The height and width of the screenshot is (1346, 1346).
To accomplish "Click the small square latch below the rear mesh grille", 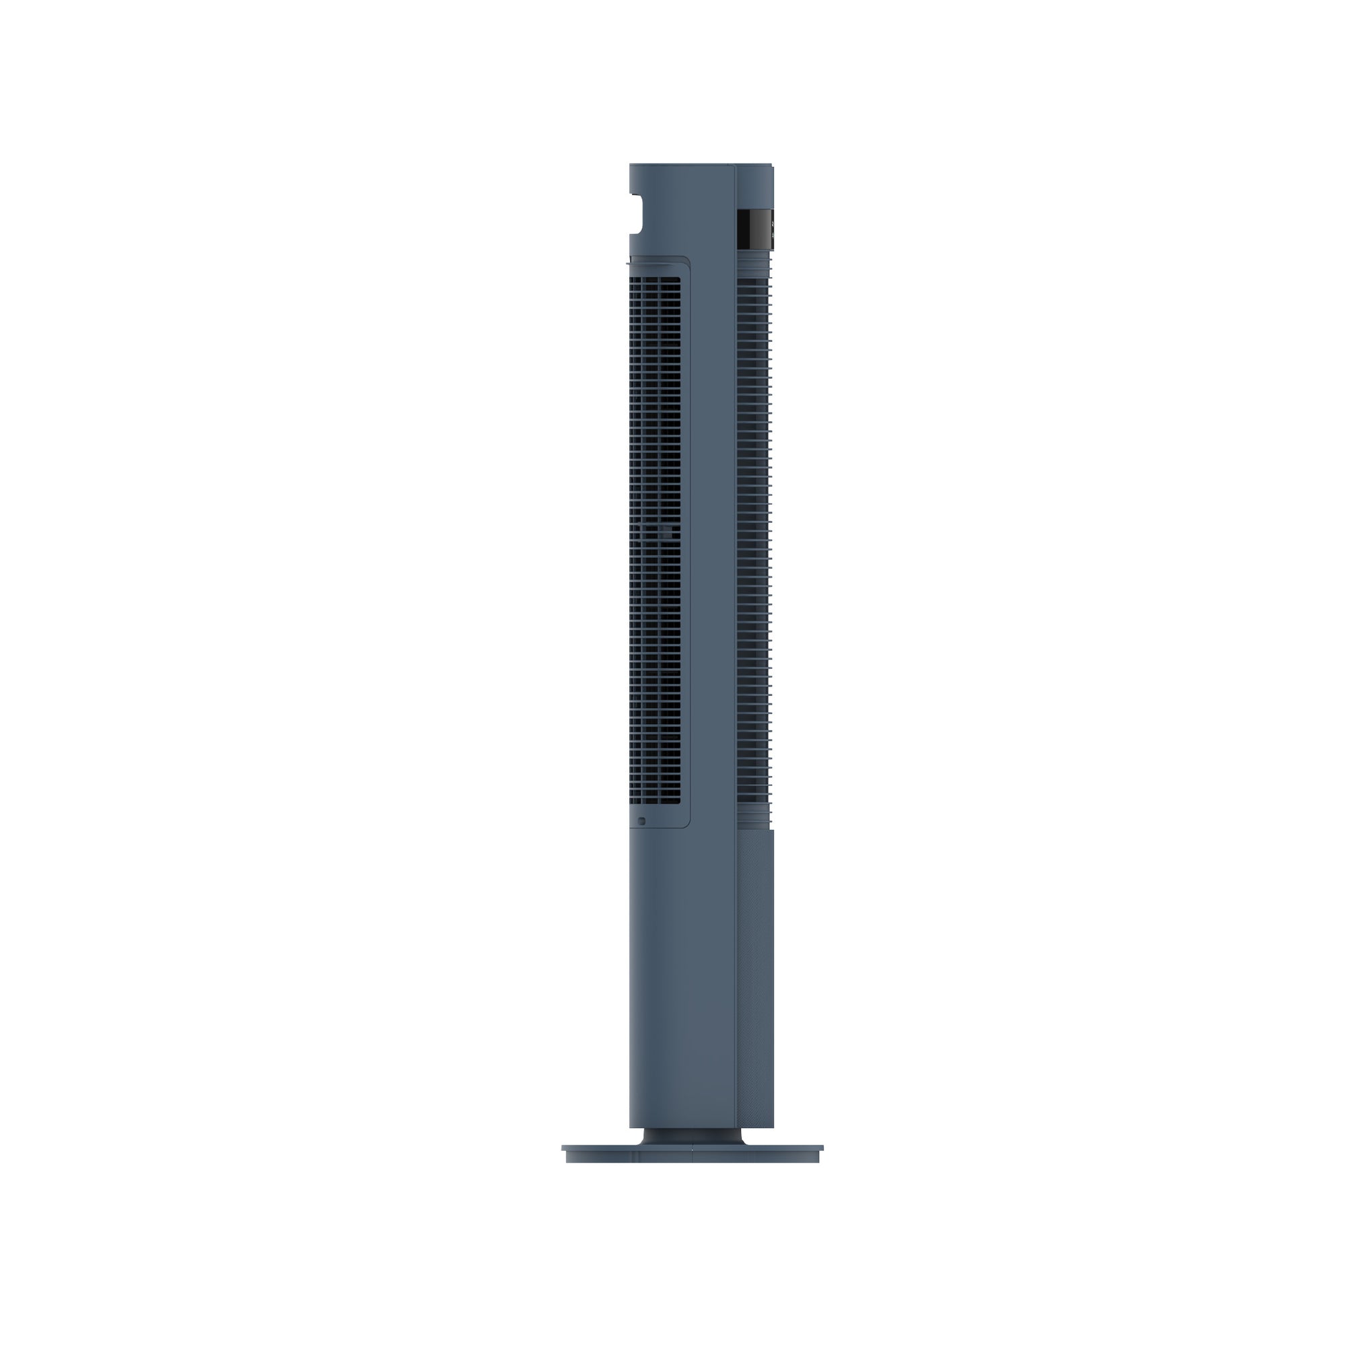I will click(x=641, y=821).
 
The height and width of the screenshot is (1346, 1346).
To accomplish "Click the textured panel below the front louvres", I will click(x=755, y=975).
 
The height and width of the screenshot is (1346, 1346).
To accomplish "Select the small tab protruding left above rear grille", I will click(x=631, y=263).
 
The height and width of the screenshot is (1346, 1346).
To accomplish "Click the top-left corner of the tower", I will click(x=631, y=166).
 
